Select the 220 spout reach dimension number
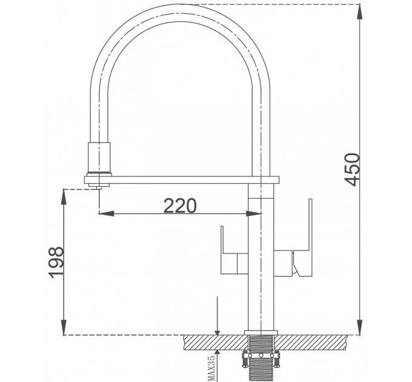(180, 206)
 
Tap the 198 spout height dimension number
(55, 262)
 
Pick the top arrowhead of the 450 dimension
(360, 9)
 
